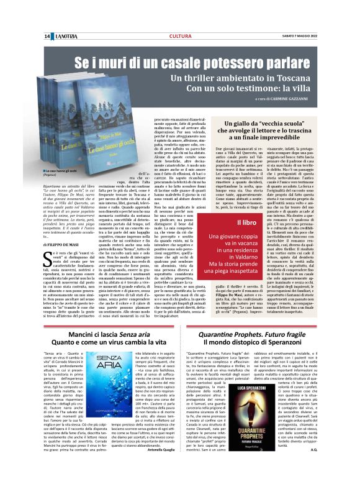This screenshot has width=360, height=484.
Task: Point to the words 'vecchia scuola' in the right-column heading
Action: click(270, 125)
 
